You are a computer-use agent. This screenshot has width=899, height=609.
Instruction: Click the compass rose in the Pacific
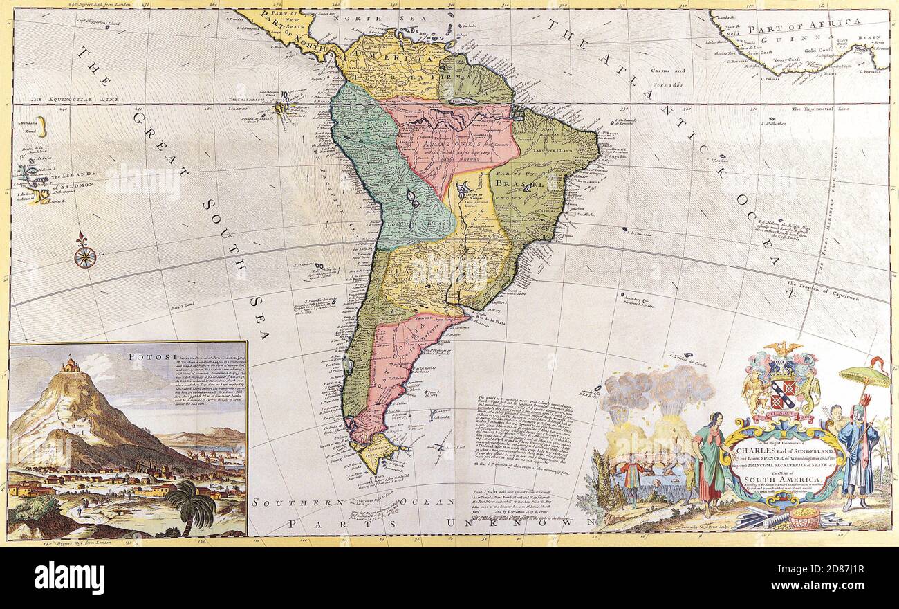[x=84, y=255]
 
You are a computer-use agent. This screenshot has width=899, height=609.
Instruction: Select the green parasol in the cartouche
[x=864, y=376]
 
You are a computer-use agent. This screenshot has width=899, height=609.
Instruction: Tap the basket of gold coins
[x=804, y=517]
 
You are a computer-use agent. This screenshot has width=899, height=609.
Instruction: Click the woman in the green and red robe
[x=710, y=462]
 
